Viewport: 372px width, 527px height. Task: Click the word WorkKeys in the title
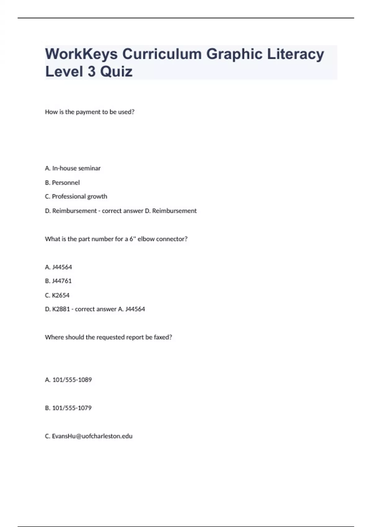(82, 54)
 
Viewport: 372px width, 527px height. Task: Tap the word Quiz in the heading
(116, 72)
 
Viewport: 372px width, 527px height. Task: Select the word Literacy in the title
(295, 54)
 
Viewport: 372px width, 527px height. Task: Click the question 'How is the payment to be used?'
(90, 112)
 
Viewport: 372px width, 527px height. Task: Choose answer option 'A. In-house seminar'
(73, 168)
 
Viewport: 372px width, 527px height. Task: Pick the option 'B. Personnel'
(62, 183)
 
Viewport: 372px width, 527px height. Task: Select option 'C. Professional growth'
(76, 197)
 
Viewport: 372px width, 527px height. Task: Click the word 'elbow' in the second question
(146, 239)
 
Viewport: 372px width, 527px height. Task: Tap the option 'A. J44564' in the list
(59, 267)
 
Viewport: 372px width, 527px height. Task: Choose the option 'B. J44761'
(58, 281)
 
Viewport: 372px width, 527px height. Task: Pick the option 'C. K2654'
(57, 295)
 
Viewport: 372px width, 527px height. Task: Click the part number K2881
(61, 309)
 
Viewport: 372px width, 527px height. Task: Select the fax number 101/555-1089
(72, 380)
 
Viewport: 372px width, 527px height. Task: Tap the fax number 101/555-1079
(72, 408)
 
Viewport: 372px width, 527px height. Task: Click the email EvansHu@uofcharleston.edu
(92, 436)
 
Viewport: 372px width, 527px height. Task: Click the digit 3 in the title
(91, 72)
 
